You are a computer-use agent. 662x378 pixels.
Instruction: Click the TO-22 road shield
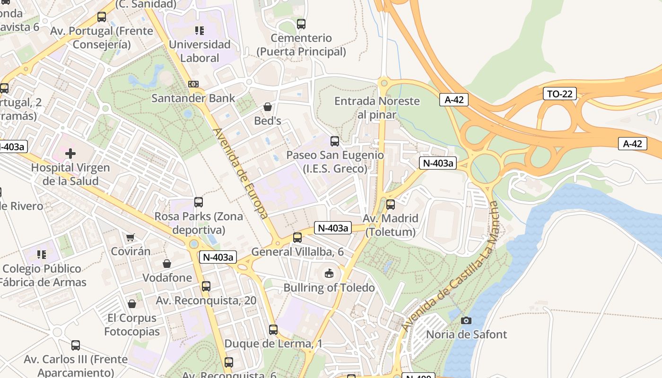pyautogui.click(x=559, y=94)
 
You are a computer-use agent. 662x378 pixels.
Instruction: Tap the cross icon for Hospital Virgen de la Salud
pyautogui.click(x=70, y=154)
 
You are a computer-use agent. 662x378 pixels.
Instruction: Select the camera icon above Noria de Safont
pyautogui.click(x=466, y=321)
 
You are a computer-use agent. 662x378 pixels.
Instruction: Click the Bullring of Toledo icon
pyautogui.click(x=329, y=274)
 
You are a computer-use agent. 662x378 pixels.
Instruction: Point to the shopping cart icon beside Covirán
pyautogui.click(x=131, y=237)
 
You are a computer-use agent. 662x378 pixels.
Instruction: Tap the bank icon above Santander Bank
pyautogui.click(x=193, y=84)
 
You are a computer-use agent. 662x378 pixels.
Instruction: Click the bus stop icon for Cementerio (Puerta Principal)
pyautogui.click(x=301, y=24)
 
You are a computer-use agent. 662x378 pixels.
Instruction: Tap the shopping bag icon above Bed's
pyautogui.click(x=268, y=107)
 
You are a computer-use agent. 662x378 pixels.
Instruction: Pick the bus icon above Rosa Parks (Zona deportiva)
pyautogui.click(x=199, y=202)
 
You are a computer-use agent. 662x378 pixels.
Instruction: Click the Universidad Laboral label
pyautogui.click(x=200, y=52)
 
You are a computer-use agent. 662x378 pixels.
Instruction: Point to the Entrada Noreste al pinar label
pyautogui.click(x=377, y=108)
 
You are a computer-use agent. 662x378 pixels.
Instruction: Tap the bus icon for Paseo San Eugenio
pyautogui.click(x=335, y=141)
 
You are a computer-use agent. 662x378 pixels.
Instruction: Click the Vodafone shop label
pyautogui.click(x=167, y=277)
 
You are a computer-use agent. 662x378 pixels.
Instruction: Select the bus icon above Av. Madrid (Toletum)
pyautogui.click(x=391, y=205)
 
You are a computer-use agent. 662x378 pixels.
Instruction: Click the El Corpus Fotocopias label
pyautogui.click(x=132, y=325)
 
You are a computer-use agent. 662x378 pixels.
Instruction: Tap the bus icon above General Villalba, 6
pyautogui.click(x=297, y=238)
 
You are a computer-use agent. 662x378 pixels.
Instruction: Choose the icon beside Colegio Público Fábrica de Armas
pyautogui.click(x=42, y=255)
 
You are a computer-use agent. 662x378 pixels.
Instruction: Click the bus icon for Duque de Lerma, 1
pyautogui.click(x=273, y=330)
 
